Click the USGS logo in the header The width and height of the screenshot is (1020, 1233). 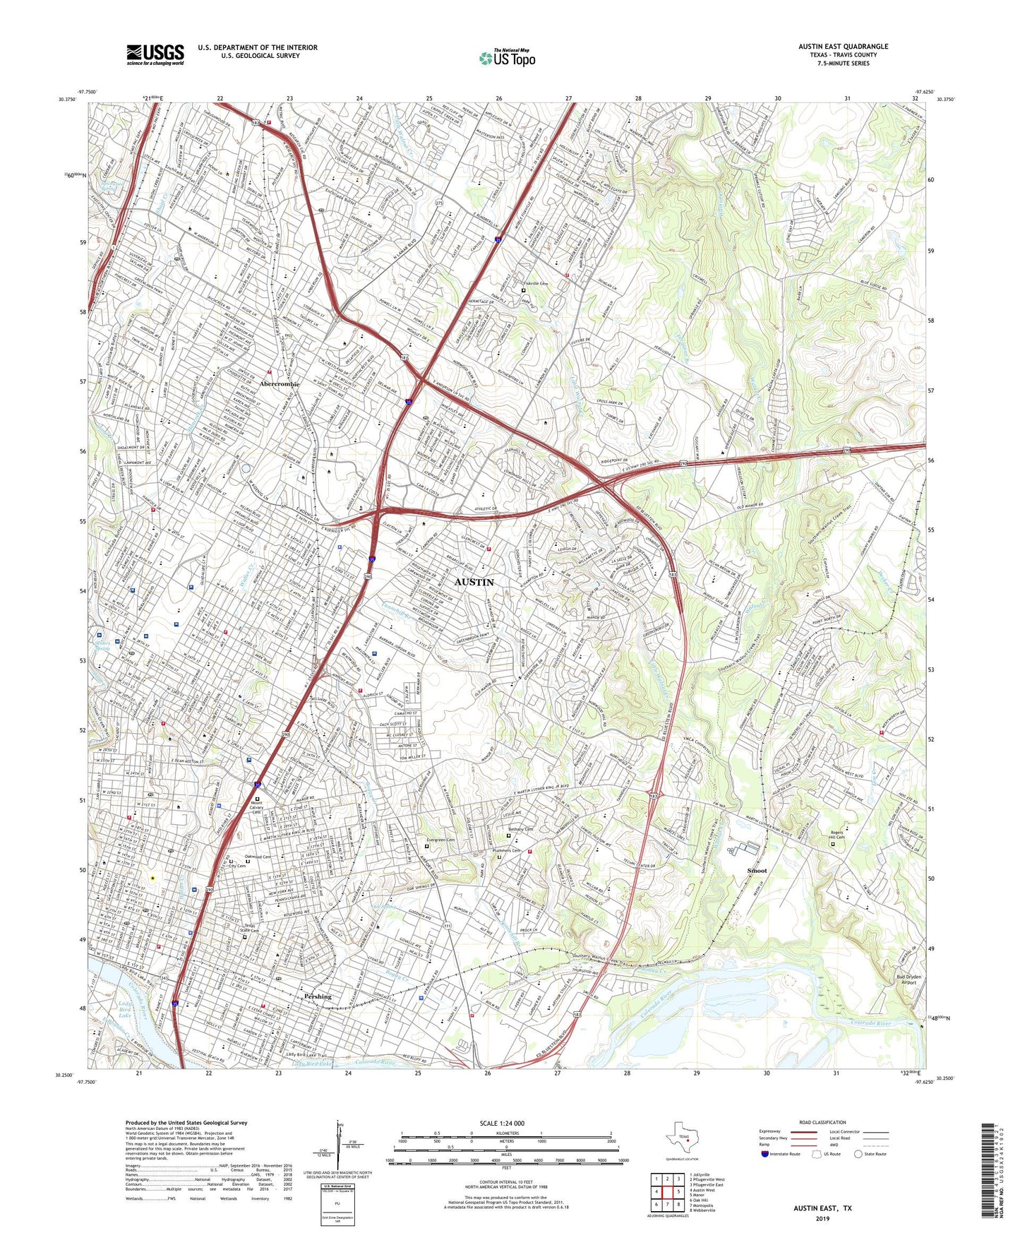[x=155, y=54]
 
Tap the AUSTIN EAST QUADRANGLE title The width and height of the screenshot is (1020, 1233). [x=843, y=47]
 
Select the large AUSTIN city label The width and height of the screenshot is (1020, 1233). [x=474, y=582]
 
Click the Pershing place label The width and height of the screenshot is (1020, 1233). [x=318, y=996]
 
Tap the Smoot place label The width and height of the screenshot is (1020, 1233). [x=757, y=871]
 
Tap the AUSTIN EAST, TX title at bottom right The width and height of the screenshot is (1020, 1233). [x=822, y=1208]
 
